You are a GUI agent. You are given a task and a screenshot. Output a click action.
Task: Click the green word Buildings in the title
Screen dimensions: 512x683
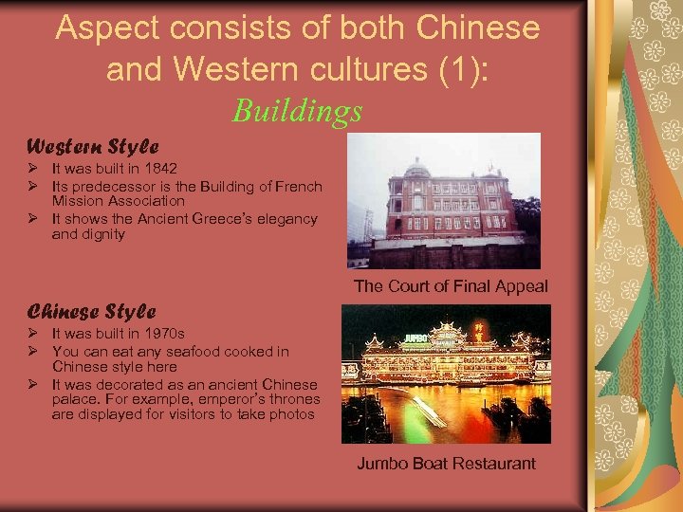[297, 111]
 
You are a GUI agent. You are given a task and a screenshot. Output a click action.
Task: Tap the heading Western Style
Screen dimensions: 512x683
[92, 147]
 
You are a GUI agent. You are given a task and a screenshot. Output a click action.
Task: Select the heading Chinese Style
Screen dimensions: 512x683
[91, 311]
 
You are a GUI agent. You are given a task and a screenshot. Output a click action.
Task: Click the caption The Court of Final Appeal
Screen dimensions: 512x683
[451, 286]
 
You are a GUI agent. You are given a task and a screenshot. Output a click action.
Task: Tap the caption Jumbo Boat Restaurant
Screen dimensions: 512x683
[446, 464]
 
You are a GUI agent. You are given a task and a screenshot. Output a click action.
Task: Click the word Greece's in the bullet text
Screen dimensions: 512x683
[217, 219]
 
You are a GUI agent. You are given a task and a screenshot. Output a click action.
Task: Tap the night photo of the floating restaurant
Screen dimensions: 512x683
[445, 374]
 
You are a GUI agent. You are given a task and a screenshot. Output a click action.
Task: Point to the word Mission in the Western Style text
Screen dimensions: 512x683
[77, 201]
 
